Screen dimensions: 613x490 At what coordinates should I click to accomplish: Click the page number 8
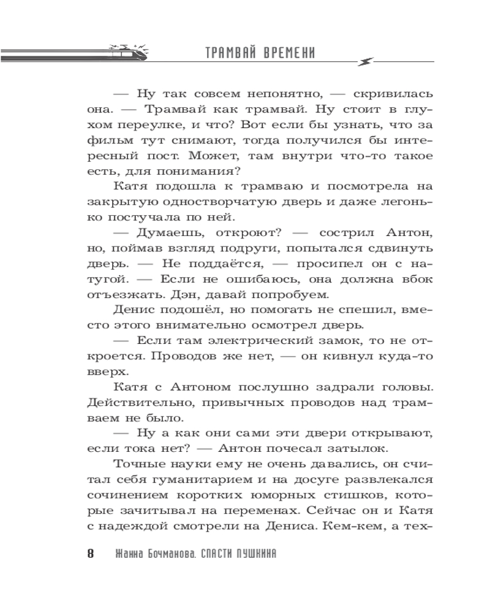tap(91, 554)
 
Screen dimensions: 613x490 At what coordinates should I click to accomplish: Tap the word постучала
tap(130, 217)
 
